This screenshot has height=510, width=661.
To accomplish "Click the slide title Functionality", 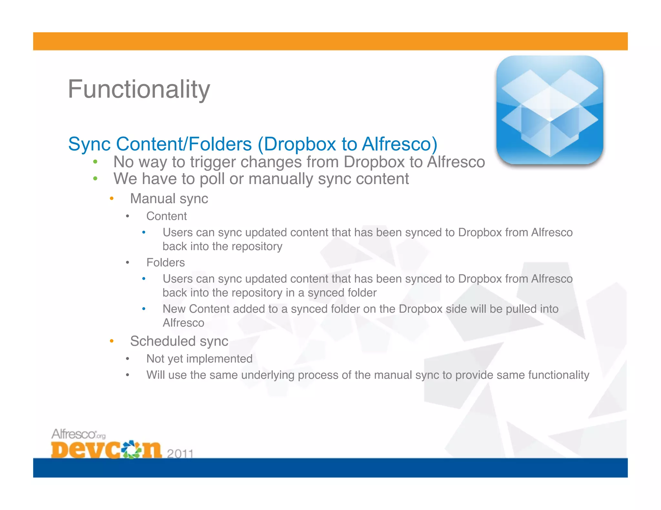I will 139,90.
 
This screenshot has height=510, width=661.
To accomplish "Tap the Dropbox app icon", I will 550,110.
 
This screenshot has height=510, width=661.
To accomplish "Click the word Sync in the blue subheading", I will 89,144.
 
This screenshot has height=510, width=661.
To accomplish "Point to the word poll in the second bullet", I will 212,179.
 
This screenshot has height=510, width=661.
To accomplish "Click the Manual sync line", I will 169,199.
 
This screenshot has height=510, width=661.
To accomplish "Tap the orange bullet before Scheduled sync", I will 111,341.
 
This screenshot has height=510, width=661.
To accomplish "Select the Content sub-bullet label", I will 166,216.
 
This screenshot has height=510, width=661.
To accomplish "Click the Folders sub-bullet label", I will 165,263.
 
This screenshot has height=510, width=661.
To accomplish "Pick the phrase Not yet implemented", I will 199,359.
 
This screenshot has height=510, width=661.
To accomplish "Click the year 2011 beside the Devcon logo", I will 180,454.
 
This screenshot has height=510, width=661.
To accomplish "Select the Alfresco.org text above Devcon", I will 78,434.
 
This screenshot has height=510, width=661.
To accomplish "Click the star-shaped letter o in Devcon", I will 132,449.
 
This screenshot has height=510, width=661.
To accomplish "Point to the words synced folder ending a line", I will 342,293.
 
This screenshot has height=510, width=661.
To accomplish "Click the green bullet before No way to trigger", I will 95,162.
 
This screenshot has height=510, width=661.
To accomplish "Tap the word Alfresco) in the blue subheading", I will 399,144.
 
